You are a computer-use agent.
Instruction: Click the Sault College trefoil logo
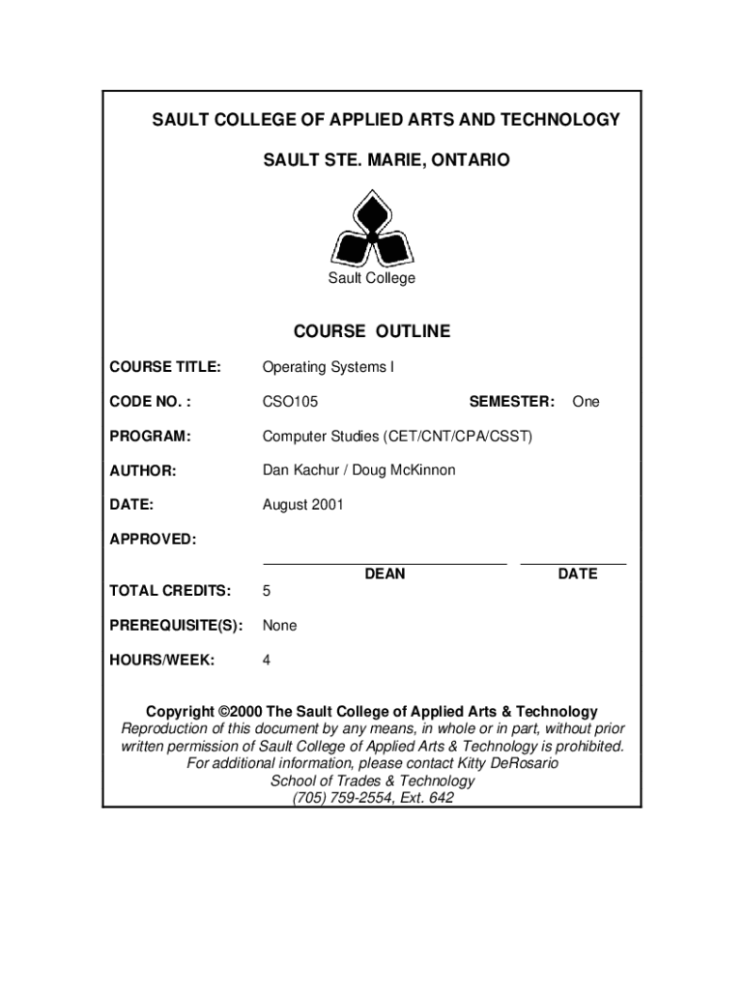click(x=371, y=229)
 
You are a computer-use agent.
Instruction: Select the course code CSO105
click(x=290, y=402)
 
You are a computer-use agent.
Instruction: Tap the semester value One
click(x=586, y=402)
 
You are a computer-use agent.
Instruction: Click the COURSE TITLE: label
click(x=165, y=367)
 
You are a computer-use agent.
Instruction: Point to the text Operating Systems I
click(x=329, y=367)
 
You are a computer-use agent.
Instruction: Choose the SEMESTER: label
click(x=511, y=402)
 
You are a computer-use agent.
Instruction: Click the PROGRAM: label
click(x=150, y=437)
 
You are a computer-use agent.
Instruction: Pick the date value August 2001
click(x=302, y=505)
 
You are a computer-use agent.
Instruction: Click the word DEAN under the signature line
click(x=385, y=574)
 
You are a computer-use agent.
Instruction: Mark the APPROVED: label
click(x=153, y=539)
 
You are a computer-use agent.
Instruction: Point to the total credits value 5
click(x=267, y=591)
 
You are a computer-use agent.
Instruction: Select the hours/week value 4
click(x=267, y=661)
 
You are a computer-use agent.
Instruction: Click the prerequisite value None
click(x=279, y=626)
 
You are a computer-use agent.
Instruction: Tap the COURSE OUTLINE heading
click(x=372, y=332)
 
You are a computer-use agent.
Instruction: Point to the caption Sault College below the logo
click(x=372, y=278)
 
